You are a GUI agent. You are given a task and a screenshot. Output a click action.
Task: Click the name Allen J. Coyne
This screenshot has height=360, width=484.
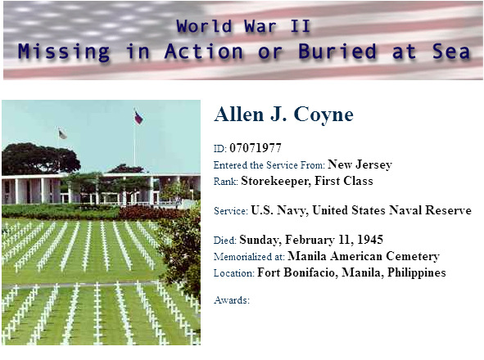coord(283,115)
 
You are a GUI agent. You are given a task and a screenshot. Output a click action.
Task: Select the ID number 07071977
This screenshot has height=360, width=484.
coord(256,148)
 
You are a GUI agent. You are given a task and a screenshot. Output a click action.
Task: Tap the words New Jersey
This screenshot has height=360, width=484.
coord(360,164)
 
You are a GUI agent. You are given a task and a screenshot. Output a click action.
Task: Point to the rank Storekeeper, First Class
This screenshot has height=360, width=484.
coord(307,181)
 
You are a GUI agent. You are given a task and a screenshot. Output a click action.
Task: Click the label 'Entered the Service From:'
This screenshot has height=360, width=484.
coord(269,165)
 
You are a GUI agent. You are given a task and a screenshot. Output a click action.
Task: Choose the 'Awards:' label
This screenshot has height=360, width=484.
coord(232,300)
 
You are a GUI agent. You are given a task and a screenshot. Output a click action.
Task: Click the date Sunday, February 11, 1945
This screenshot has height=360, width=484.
coord(311,240)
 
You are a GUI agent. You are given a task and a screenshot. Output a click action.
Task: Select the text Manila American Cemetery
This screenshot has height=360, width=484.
coord(364,256)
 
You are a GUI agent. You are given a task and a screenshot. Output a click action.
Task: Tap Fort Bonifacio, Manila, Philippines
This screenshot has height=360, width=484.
coord(351,272)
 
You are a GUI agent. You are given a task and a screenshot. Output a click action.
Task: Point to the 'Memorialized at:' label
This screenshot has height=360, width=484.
coord(249,257)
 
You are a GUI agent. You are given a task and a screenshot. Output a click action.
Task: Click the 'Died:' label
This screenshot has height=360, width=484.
coord(225,241)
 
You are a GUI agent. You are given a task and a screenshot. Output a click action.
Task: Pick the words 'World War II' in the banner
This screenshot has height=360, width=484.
coord(243,26)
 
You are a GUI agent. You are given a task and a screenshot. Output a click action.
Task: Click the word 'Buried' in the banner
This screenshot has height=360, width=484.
coord(337,51)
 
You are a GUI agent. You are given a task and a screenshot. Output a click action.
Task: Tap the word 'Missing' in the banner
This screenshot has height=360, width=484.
coord(64,52)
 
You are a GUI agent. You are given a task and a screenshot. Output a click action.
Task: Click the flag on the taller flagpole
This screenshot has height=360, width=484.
coord(138,118)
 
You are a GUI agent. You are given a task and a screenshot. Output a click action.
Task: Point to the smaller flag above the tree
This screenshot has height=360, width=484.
coord(62,134)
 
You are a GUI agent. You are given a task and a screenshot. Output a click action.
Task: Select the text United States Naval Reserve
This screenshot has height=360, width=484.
coord(392,210)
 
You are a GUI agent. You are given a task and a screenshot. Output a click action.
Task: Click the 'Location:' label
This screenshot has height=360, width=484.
coord(234,273)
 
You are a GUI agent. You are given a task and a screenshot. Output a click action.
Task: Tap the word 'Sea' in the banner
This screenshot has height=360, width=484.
coord(451,51)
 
